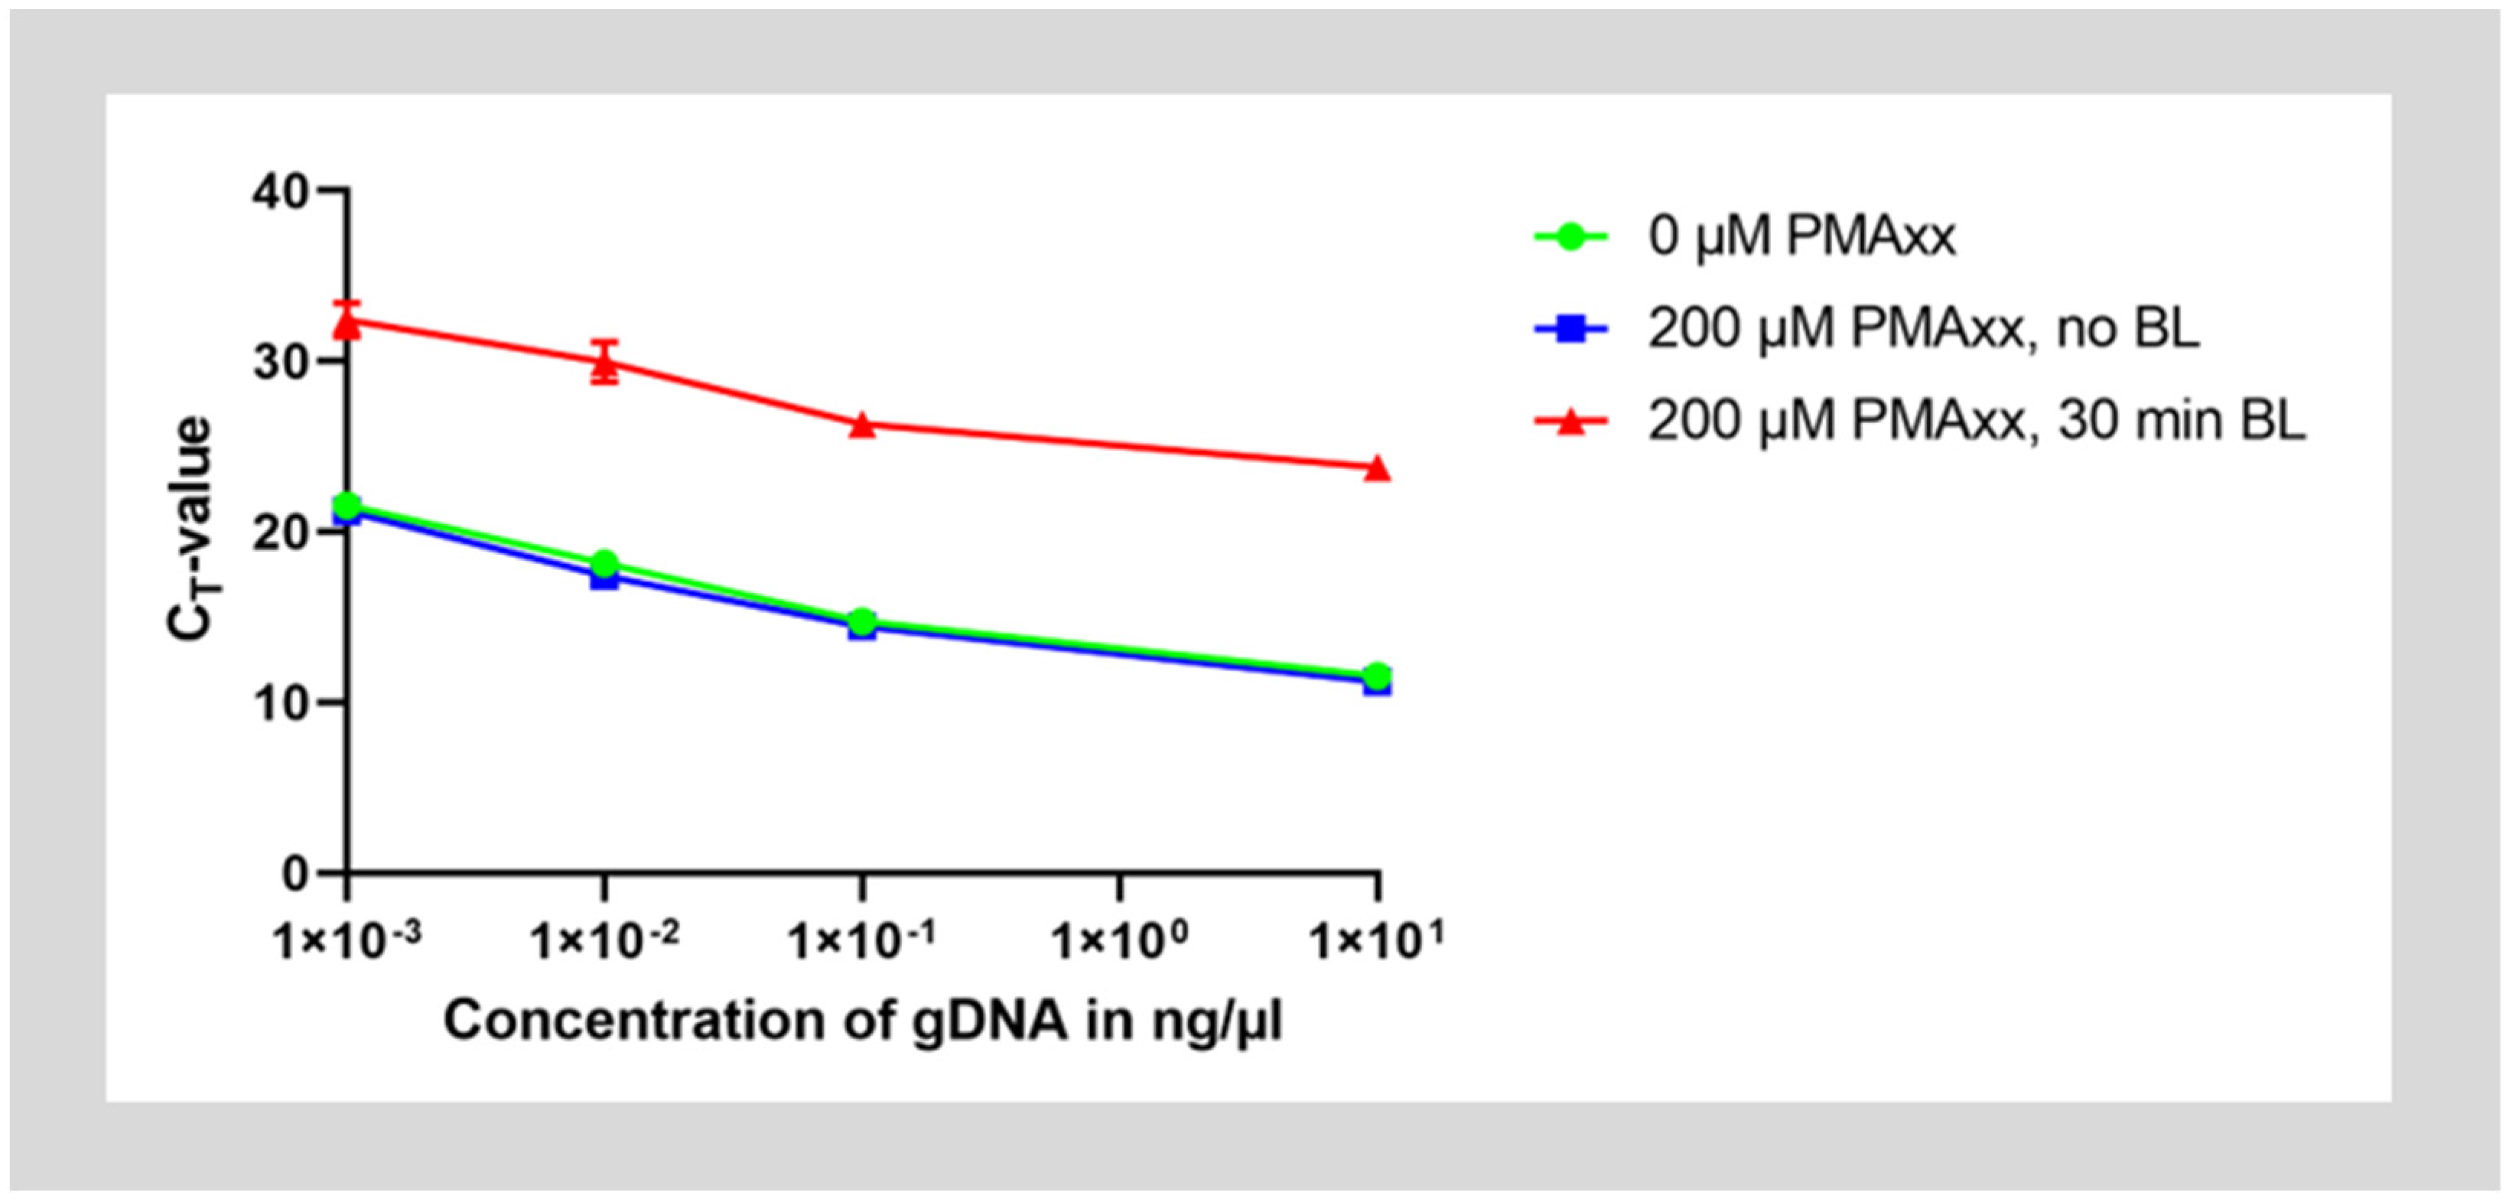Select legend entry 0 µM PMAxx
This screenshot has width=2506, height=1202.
click(1801, 236)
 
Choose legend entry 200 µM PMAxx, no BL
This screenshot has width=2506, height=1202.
click(1922, 329)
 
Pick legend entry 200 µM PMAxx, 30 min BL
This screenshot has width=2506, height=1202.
click(1976, 422)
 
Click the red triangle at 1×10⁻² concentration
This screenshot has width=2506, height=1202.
click(604, 364)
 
